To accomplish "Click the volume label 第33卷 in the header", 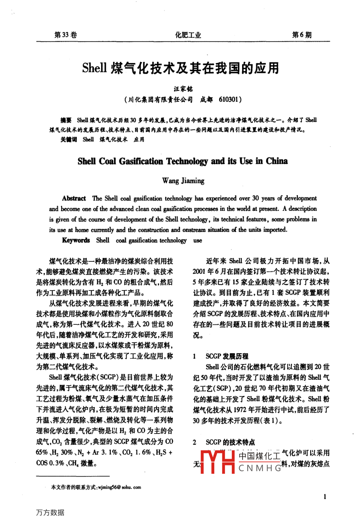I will coord(65,35).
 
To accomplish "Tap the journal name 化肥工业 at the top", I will coord(188,35).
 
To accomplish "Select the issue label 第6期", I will coord(301,35).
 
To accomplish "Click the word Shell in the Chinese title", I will coord(94,68).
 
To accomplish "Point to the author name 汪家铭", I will coord(183,89).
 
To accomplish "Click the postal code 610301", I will coord(230,99).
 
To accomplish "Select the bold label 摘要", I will coord(66,120).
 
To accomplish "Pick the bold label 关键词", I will coord(68,139).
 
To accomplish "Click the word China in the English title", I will coord(277,161).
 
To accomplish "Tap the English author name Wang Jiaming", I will coord(183,181).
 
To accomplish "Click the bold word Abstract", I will coord(74,198).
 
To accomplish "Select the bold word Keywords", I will coord(76,240).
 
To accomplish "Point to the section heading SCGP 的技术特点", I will coord(230,442).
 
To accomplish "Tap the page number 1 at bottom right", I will coord(325,497).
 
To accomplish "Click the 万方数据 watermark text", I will coord(50,513).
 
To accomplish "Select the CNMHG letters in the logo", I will coord(260,468).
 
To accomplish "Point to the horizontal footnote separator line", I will coord(72,476).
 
